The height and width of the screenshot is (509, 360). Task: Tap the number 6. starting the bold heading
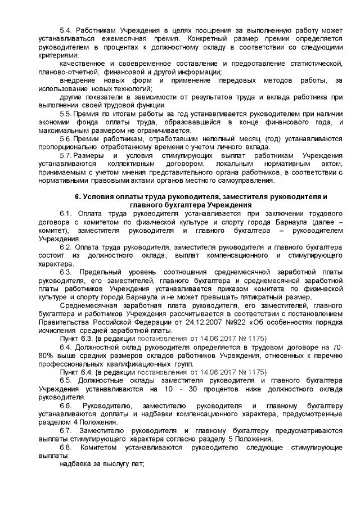click(x=78, y=197)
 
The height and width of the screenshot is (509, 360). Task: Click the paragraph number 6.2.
click(x=67, y=247)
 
